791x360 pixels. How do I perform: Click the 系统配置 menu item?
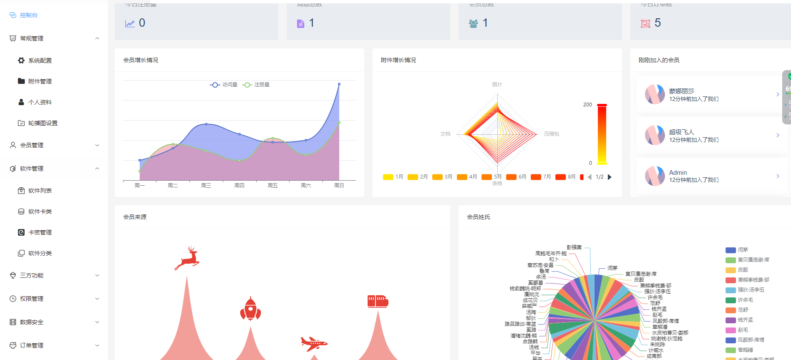pos(40,60)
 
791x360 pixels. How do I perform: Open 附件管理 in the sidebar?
pos(40,81)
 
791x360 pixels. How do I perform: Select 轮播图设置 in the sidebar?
pos(43,123)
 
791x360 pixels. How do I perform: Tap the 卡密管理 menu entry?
pos(40,232)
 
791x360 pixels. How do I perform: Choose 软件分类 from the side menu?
pos(40,253)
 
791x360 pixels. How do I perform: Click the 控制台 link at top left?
pos(28,15)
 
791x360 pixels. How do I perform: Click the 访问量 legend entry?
pos(224,85)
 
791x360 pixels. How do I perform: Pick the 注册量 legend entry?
pos(256,85)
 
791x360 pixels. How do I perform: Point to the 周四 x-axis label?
pos(239,186)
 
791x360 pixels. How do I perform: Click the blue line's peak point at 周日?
pos(339,84)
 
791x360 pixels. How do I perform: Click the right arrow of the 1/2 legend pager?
pos(610,177)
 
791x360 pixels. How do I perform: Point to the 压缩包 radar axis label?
pos(552,134)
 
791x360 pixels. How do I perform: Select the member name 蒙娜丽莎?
pos(682,91)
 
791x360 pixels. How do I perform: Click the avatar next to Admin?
pos(655,176)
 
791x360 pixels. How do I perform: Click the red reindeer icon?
pos(187,258)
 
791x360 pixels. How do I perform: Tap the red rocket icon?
pos(250,309)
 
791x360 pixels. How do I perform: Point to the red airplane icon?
pos(314,343)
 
